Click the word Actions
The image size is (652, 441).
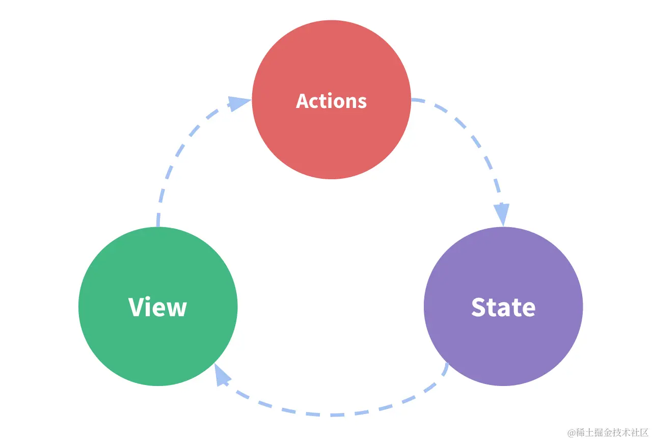click(331, 101)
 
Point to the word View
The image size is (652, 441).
click(158, 307)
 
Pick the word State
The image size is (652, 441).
click(503, 307)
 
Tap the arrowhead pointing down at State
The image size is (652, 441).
click(502, 214)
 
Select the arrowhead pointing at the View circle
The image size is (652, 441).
click(222, 376)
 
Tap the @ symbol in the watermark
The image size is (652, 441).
click(572, 433)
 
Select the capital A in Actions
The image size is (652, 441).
click(303, 101)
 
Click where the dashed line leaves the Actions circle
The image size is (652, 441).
click(414, 100)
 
